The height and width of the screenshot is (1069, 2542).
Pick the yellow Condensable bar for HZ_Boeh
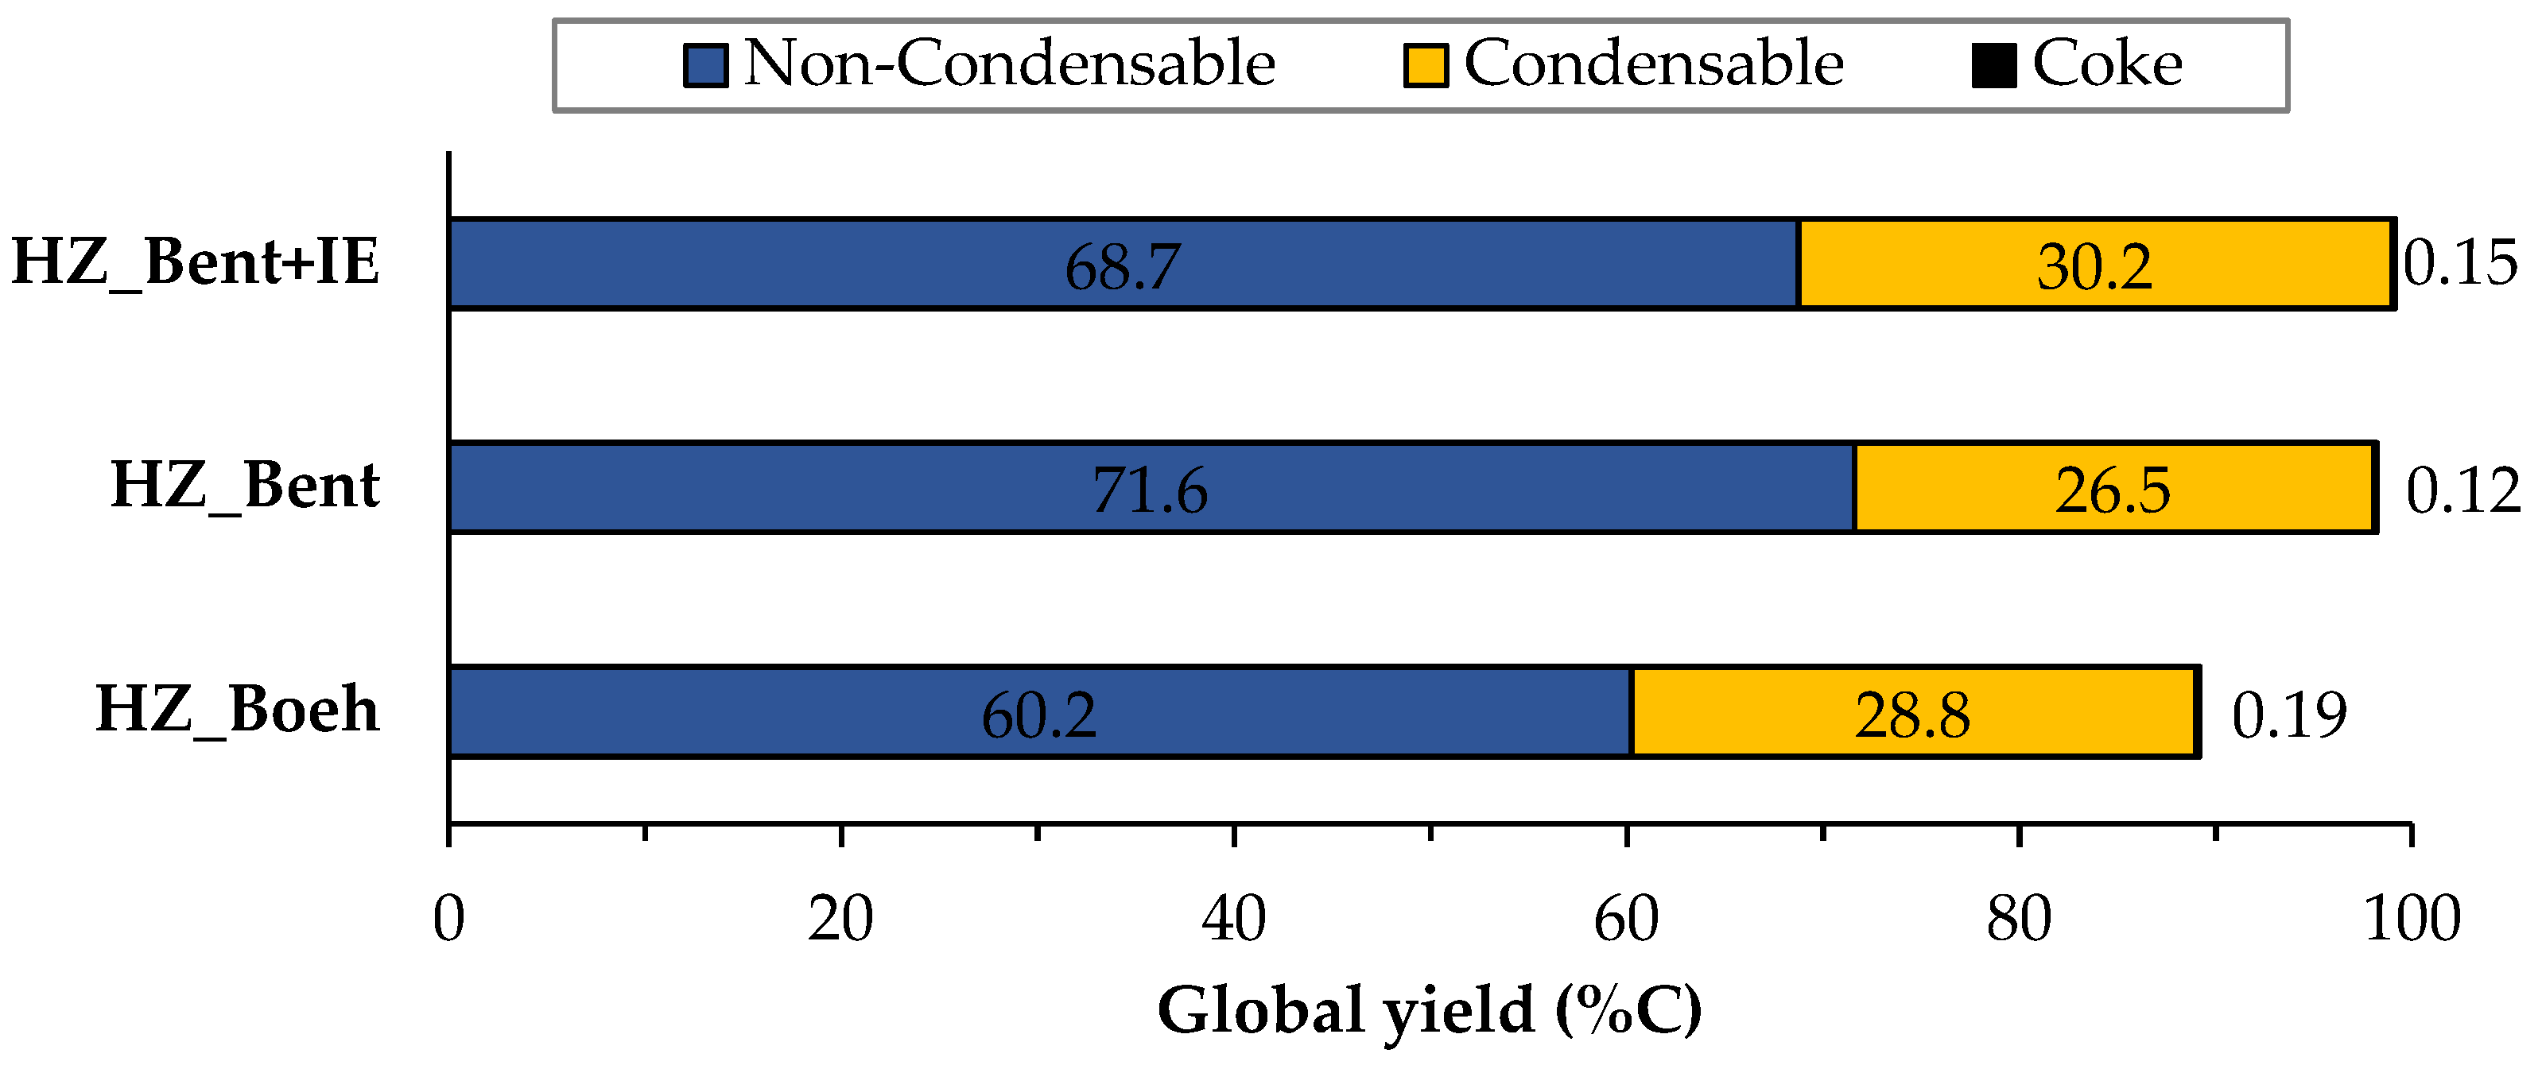pyautogui.click(x=1737, y=712)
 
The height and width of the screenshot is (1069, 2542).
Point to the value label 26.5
pyautogui.click(x=2113, y=490)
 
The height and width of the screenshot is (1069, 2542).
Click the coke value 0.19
pyautogui.click(x=2289, y=715)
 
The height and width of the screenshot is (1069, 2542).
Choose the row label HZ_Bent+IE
pyautogui.click(x=196, y=262)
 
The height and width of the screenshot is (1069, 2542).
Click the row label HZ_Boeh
pyautogui.click(x=237, y=709)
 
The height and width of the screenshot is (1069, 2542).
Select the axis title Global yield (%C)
pyautogui.click(x=1430, y=1011)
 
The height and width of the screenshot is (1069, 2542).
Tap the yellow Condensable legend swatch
pyautogui.click(x=1426, y=66)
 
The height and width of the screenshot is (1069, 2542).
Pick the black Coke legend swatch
pyautogui.click(x=1993, y=66)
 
